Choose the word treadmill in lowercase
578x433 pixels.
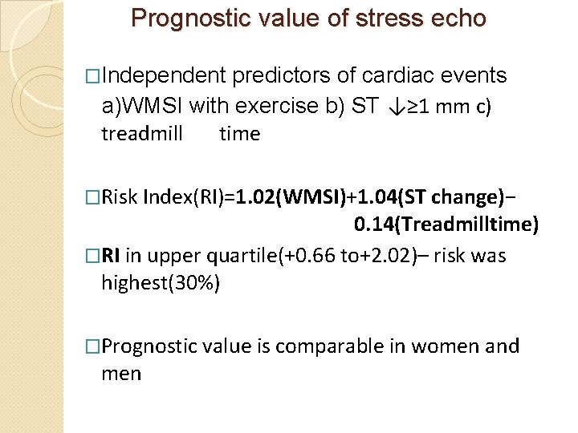click(x=142, y=134)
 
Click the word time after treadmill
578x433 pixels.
click(x=240, y=134)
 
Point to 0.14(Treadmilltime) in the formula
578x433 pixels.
click(x=446, y=225)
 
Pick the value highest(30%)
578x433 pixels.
click(x=161, y=283)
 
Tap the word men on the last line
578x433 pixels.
click(x=121, y=374)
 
